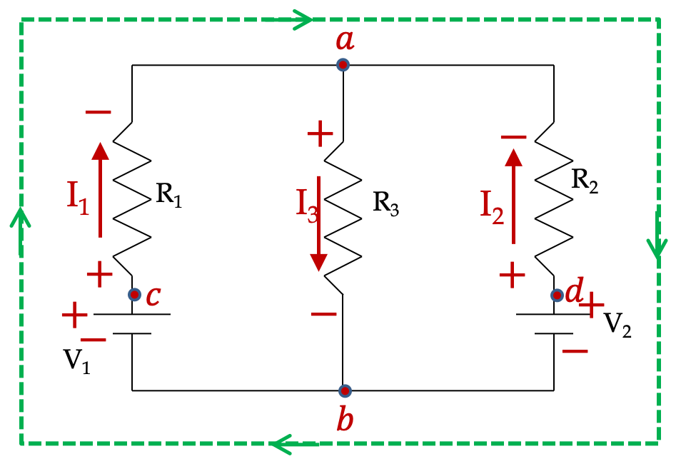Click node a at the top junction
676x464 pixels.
(343, 65)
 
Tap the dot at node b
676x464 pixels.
(345, 390)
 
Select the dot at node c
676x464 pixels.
(134, 295)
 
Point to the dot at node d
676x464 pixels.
(557, 296)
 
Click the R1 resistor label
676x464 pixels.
(169, 195)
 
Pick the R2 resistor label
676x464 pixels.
(585, 181)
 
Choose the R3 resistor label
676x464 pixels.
(386, 203)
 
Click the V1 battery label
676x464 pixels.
(77, 361)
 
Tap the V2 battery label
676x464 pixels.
(617, 324)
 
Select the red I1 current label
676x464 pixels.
(78, 198)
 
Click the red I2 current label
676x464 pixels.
(493, 208)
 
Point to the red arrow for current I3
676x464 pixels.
(318, 224)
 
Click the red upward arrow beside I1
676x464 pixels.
(100, 190)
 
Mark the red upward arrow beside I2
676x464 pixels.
(513, 196)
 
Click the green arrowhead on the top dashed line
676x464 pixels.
(302, 19)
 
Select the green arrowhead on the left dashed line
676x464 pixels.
(21, 217)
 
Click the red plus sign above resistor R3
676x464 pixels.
(320, 133)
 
